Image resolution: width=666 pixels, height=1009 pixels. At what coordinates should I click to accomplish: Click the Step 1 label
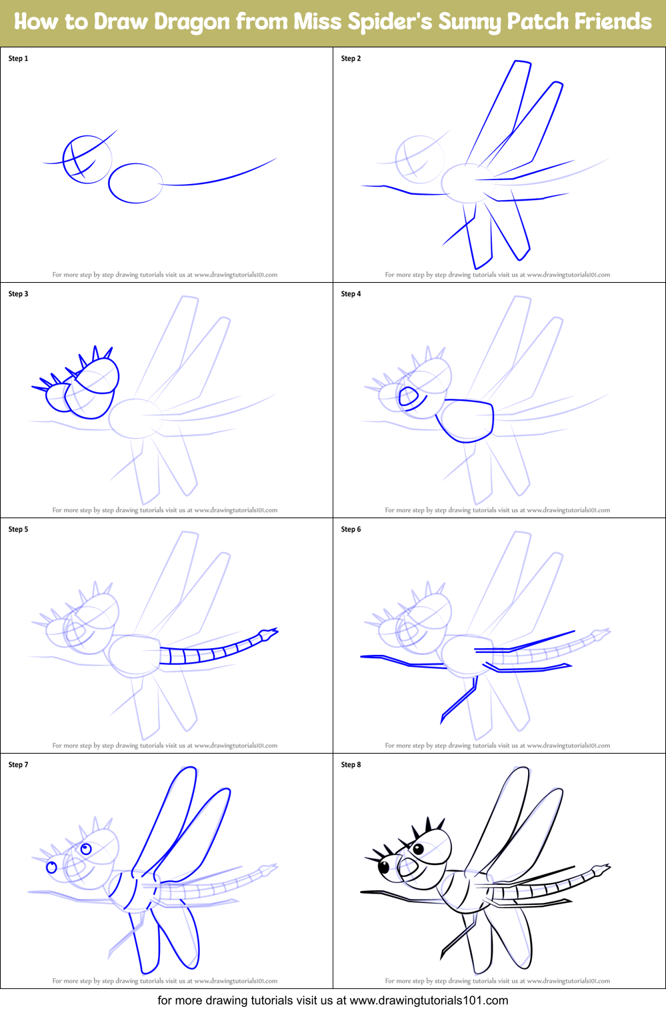tap(18, 59)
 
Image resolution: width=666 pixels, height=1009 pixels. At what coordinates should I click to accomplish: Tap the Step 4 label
tap(351, 294)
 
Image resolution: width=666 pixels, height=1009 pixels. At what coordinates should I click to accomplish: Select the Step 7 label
tap(18, 765)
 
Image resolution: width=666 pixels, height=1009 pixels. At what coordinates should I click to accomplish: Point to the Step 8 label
tap(351, 765)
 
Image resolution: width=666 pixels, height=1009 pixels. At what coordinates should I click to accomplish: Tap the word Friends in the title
tap(613, 22)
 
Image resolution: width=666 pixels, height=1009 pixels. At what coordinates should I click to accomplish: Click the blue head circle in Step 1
tap(87, 159)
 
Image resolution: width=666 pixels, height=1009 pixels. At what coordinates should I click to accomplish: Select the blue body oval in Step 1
tap(135, 183)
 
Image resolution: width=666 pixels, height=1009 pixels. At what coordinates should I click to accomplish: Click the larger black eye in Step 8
tap(418, 849)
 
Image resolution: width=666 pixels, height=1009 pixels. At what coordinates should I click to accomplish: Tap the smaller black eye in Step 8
tap(384, 868)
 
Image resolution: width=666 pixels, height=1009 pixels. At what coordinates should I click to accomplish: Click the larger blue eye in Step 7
tap(86, 849)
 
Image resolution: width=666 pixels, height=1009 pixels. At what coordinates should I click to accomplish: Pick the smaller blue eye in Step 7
tap(51, 868)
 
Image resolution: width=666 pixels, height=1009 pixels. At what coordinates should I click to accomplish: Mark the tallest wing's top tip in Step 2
tap(522, 63)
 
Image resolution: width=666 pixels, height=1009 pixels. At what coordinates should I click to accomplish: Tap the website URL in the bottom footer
tap(429, 1000)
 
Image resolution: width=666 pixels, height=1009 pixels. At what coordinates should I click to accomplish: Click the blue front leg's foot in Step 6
tap(443, 719)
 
